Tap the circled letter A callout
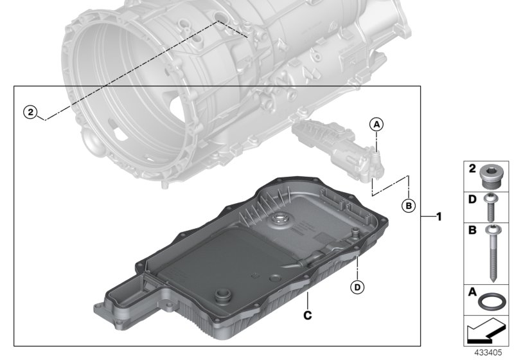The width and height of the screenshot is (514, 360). (x=377, y=123)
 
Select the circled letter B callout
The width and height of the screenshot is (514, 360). (x=407, y=206)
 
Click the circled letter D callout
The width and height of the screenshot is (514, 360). (x=357, y=286)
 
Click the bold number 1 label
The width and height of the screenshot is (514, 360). (x=439, y=217)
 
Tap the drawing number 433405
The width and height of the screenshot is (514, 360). (x=488, y=352)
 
